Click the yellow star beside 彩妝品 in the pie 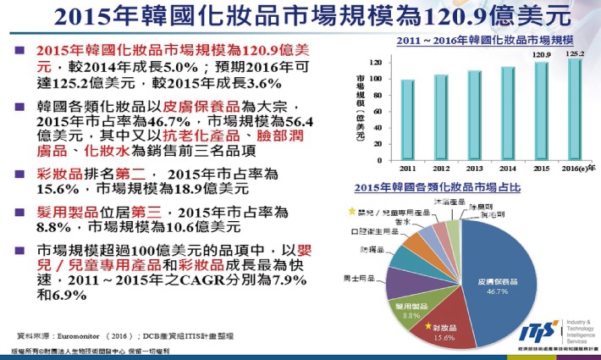[x=429, y=326]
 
